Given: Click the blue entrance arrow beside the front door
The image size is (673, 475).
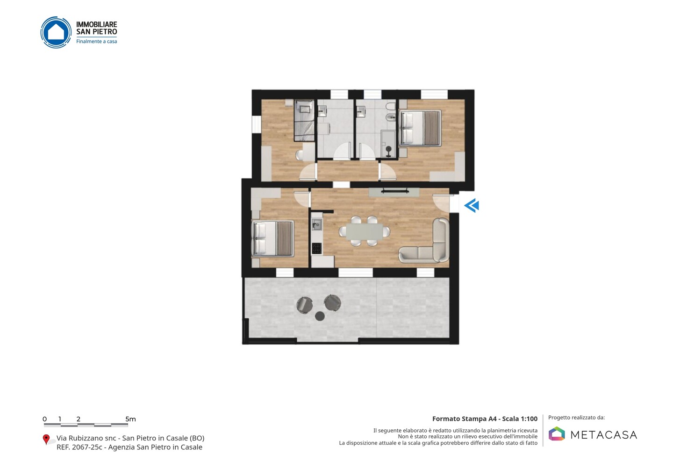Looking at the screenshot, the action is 472,205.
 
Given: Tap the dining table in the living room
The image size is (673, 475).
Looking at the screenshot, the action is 365,231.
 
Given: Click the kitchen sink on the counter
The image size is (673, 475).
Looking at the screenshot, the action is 317,224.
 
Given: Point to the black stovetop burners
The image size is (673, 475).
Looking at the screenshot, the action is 317,248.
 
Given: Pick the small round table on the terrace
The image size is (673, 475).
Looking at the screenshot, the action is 320,316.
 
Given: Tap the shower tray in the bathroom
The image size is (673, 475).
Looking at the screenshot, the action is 388,144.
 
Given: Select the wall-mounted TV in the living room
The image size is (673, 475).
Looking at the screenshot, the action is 395,191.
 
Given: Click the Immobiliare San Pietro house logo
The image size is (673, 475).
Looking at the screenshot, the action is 56,32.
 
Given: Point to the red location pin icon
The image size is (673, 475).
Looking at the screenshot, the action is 46,440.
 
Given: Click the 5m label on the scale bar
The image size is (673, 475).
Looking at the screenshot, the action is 130,419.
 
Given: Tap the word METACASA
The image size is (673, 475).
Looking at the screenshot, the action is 604,435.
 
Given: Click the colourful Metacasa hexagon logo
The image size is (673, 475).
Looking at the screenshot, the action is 557,433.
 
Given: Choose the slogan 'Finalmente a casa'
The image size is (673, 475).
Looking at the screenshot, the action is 96,42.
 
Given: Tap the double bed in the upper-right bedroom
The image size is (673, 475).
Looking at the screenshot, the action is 420,128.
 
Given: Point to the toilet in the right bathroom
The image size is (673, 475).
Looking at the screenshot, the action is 391,106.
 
